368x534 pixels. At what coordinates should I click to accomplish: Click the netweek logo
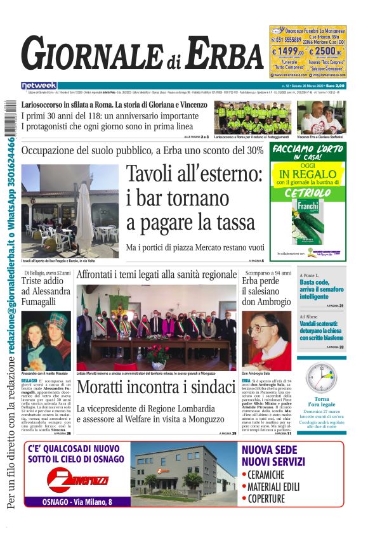click(x=39, y=86)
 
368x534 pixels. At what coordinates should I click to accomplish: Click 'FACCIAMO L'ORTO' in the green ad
click(x=308, y=150)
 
